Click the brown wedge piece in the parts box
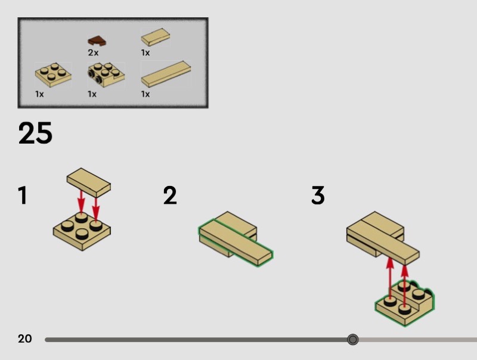click(x=97, y=41)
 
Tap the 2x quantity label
click(x=93, y=52)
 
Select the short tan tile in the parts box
click(x=156, y=37)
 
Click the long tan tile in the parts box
click(x=166, y=74)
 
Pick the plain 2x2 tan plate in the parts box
click(x=53, y=75)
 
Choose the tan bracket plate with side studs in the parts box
click(x=106, y=75)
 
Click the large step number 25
click(x=35, y=133)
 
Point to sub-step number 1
click(x=23, y=195)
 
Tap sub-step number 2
click(x=170, y=195)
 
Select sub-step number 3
click(x=318, y=195)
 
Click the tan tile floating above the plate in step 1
click(x=88, y=182)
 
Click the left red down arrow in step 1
click(x=81, y=201)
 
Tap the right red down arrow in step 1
click(x=96, y=209)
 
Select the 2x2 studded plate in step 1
click(x=82, y=231)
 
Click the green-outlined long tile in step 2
click(x=236, y=243)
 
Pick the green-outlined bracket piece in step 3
click(x=405, y=303)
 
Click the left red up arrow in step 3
click(x=390, y=278)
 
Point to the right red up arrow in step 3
click(x=404, y=286)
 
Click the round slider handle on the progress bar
click(x=352, y=339)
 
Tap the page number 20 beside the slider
click(x=24, y=339)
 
